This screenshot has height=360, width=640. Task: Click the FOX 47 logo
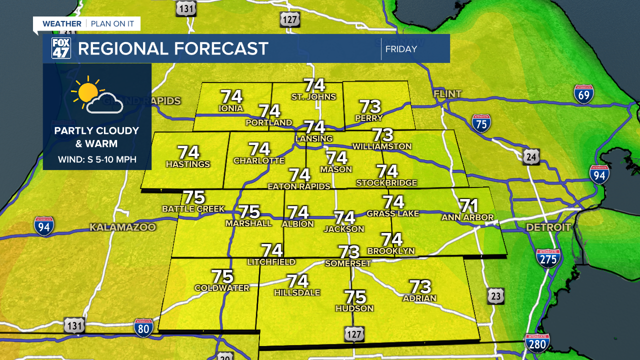pyautogui.click(x=61, y=48)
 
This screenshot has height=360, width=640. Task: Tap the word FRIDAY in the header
pyautogui.click(x=401, y=49)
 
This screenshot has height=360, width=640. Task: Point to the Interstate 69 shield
pyautogui.click(x=583, y=94)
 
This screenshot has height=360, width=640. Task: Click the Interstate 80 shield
pyautogui.click(x=143, y=327)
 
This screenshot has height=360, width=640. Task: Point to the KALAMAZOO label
pyautogui.click(x=122, y=227)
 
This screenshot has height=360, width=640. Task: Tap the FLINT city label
pyautogui.click(x=447, y=93)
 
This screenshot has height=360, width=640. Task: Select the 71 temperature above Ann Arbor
pyautogui.click(x=468, y=206)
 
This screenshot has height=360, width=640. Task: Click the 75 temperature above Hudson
pyautogui.click(x=354, y=297)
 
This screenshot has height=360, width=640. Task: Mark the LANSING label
pyautogui.click(x=314, y=138)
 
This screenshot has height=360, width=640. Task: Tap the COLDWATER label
pyautogui.click(x=221, y=288)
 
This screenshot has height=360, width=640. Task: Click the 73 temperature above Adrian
pyautogui.click(x=420, y=287)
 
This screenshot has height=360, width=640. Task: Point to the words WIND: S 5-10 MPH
pyautogui.click(x=97, y=160)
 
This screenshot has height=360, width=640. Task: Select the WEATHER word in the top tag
pyautogui.click(x=61, y=23)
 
